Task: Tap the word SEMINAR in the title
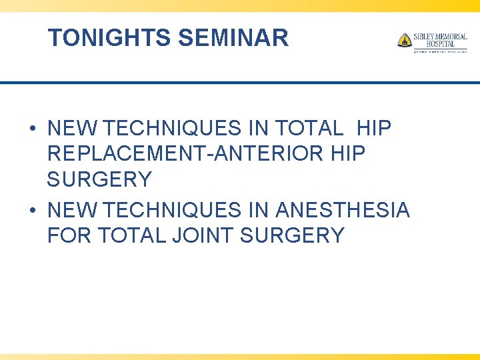click(x=233, y=38)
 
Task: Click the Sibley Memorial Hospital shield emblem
click(x=404, y=40)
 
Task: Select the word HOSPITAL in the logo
click(x=441, y=44)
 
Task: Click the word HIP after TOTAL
click(x=374, y=127)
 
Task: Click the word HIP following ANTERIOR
click(x=348, y=154)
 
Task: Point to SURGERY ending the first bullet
click(x=99, y=179)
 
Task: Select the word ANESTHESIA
click(x=342, y=210)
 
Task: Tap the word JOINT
click(x=200, y=235)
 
